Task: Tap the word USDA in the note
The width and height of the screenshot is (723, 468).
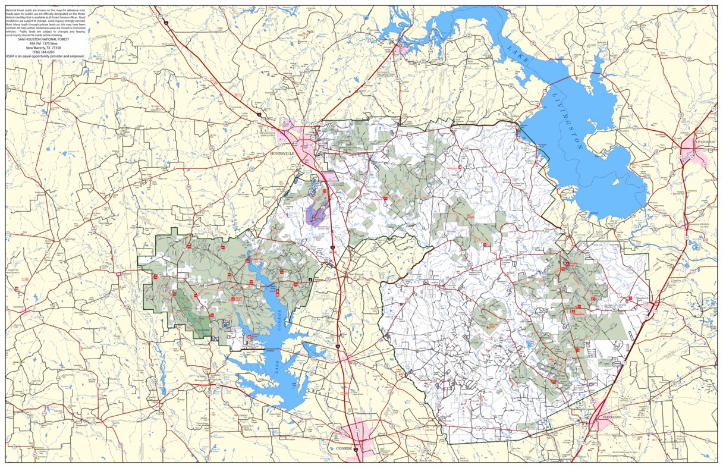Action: coord(11,56)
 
